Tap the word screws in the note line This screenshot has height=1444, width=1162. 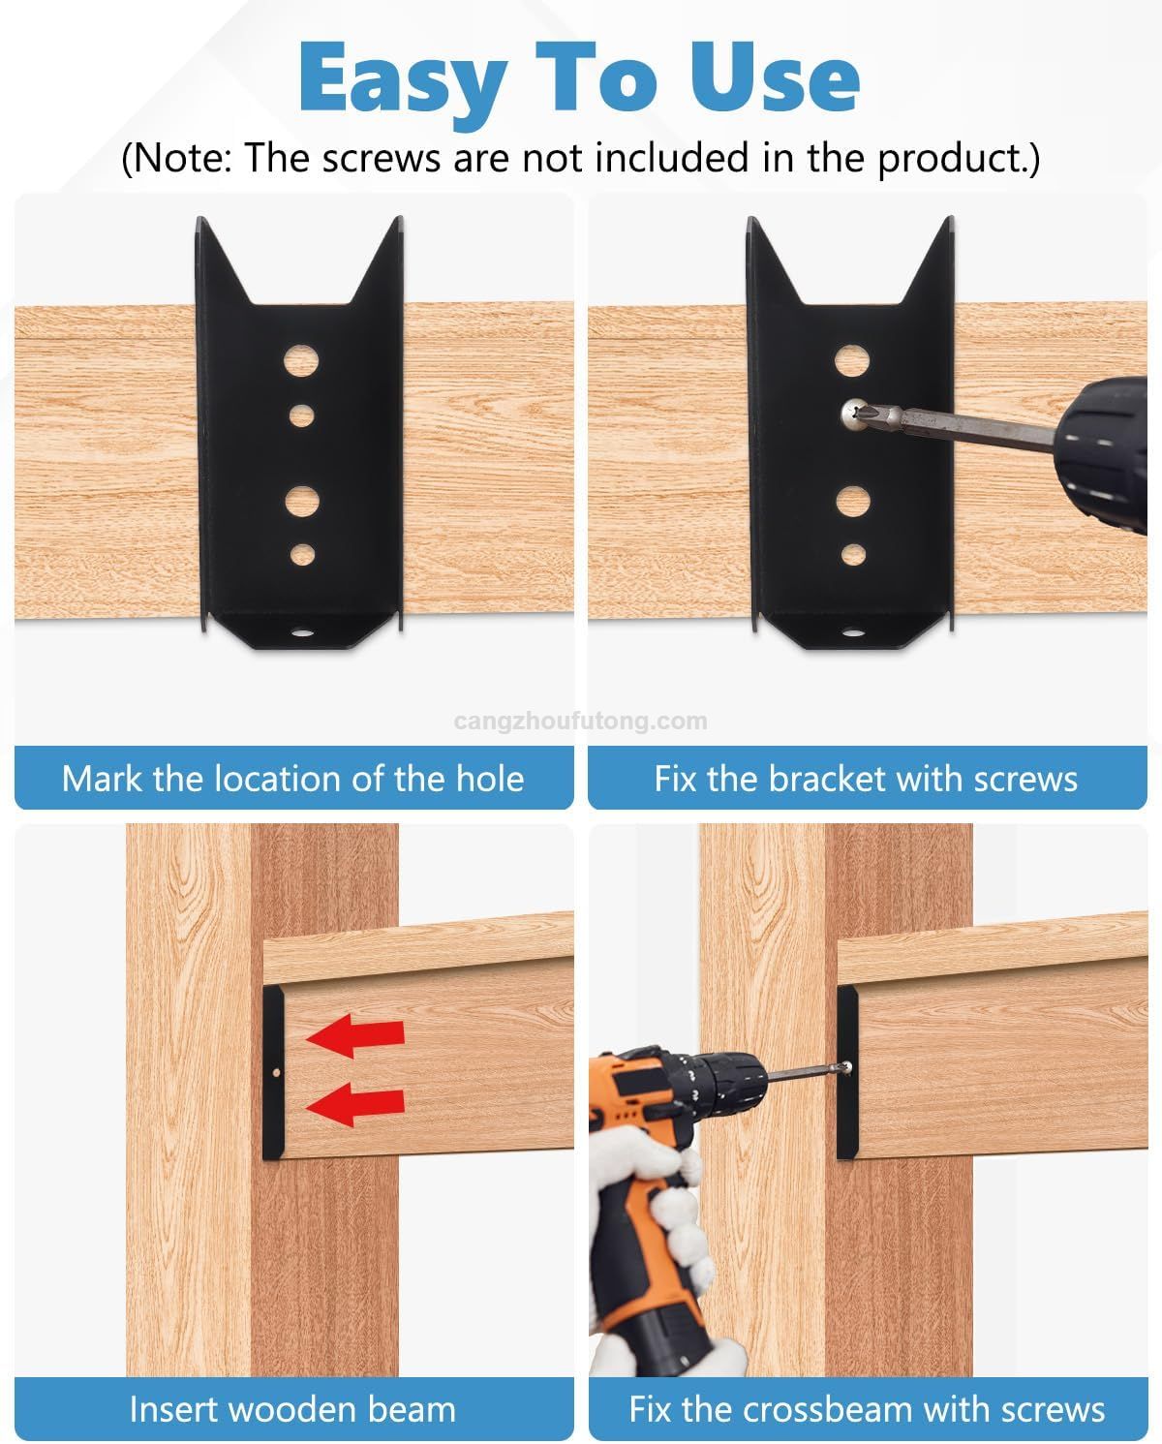[380, 158]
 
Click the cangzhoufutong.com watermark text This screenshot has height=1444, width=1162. [580, 721]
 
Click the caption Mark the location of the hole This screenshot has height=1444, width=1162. [292, 779]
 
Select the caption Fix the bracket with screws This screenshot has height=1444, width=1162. [866, 779]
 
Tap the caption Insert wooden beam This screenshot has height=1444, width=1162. [292, 1409]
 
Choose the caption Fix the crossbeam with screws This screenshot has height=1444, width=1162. [866, 1409]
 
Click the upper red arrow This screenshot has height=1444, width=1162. [355, 1036]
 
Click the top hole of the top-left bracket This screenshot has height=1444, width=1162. [301, 361]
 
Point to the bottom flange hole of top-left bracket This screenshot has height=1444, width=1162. [302, 633]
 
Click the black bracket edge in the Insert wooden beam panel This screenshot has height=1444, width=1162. [272, 1071]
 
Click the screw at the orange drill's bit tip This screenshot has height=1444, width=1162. [845, 1067]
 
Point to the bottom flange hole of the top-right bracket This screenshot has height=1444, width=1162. [853, 633]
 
